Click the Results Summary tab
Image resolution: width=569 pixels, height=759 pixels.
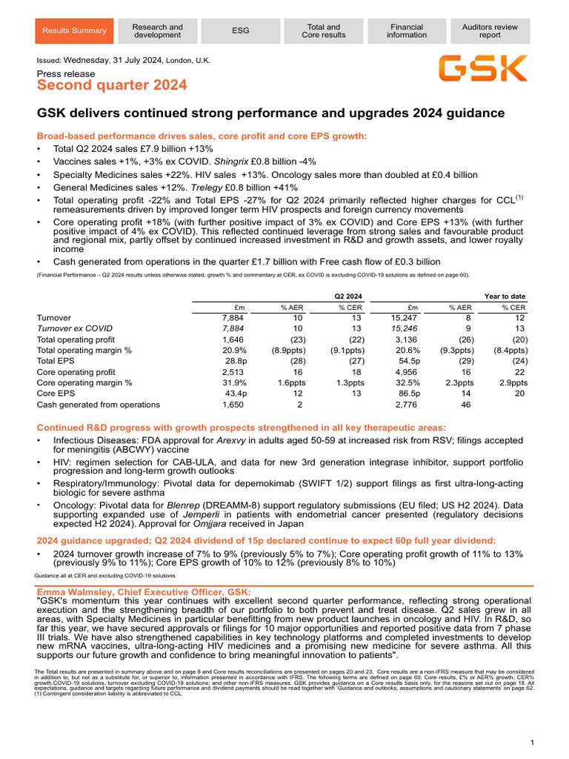[x=74, y=30]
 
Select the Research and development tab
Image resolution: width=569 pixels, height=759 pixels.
[x=157, y=30]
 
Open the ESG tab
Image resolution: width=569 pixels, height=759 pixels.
[x=241, y=30]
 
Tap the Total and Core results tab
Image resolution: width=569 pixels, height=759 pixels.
[x=324, y=30]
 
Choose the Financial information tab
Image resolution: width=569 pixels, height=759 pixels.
[x=407, y=30]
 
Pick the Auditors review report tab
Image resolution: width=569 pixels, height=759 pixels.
[x=490, y=30]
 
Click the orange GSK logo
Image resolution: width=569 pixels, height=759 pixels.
[x=482, y=68]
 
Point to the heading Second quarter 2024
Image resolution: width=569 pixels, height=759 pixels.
[x=112, y=86]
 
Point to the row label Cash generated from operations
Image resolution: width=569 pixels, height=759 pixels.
[x=98, y=405]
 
